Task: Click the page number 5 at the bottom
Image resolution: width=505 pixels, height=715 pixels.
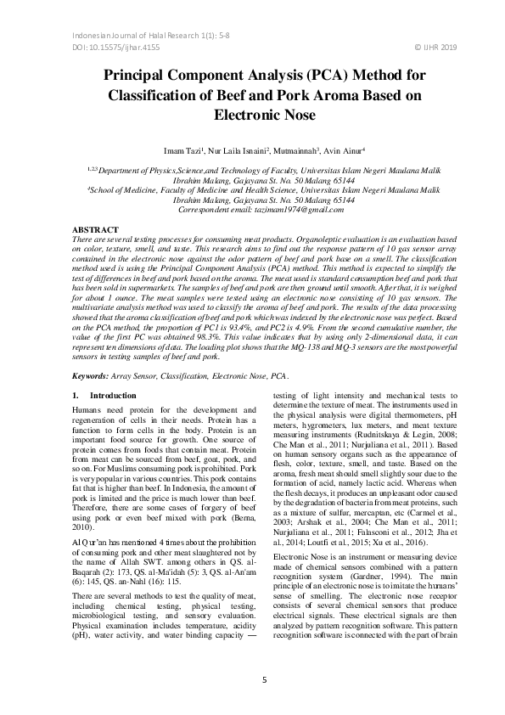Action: coord(264,679)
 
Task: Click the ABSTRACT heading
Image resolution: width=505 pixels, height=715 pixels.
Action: coord(94,230)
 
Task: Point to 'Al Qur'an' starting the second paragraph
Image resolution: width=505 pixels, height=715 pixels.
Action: coord(90,515)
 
